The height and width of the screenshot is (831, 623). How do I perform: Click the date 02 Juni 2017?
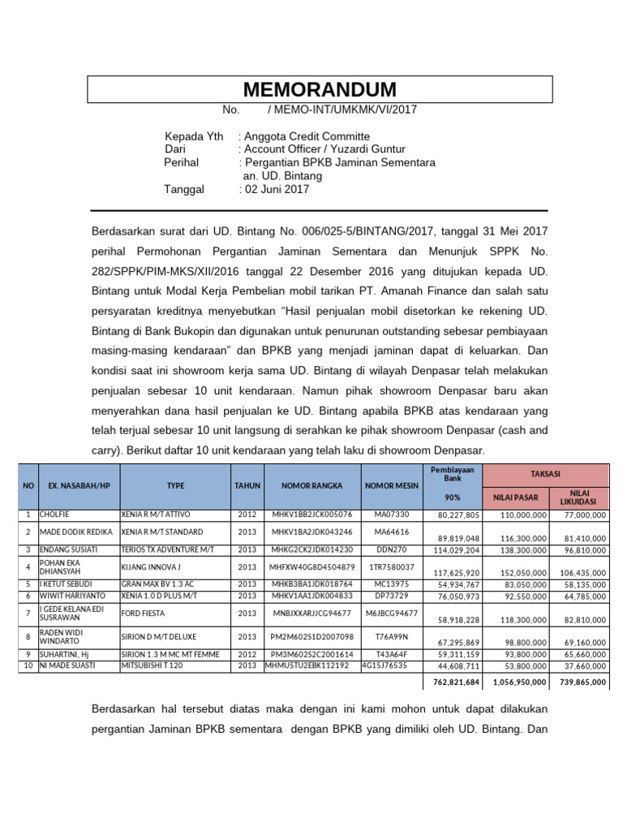coord(276,190)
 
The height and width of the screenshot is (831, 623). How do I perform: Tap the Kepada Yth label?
coord(194,136)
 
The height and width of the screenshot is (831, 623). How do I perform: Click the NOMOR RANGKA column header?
coord(311,485)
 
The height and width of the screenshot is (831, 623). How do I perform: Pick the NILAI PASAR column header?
coord(516,497)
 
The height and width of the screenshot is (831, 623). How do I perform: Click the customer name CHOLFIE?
coord(54,515)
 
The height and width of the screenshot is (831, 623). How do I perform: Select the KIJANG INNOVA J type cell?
coord(151,566)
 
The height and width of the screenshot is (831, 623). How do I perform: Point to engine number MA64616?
coord(392,532)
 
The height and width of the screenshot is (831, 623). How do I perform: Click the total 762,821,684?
coord(452,682)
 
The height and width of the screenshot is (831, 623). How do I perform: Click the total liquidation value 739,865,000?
coord(582,682)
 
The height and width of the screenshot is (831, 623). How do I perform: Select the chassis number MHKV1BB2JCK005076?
coord(311,515)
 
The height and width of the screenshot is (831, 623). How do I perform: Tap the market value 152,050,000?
coord(520,572)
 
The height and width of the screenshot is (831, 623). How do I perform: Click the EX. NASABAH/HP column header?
coord(78,485)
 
